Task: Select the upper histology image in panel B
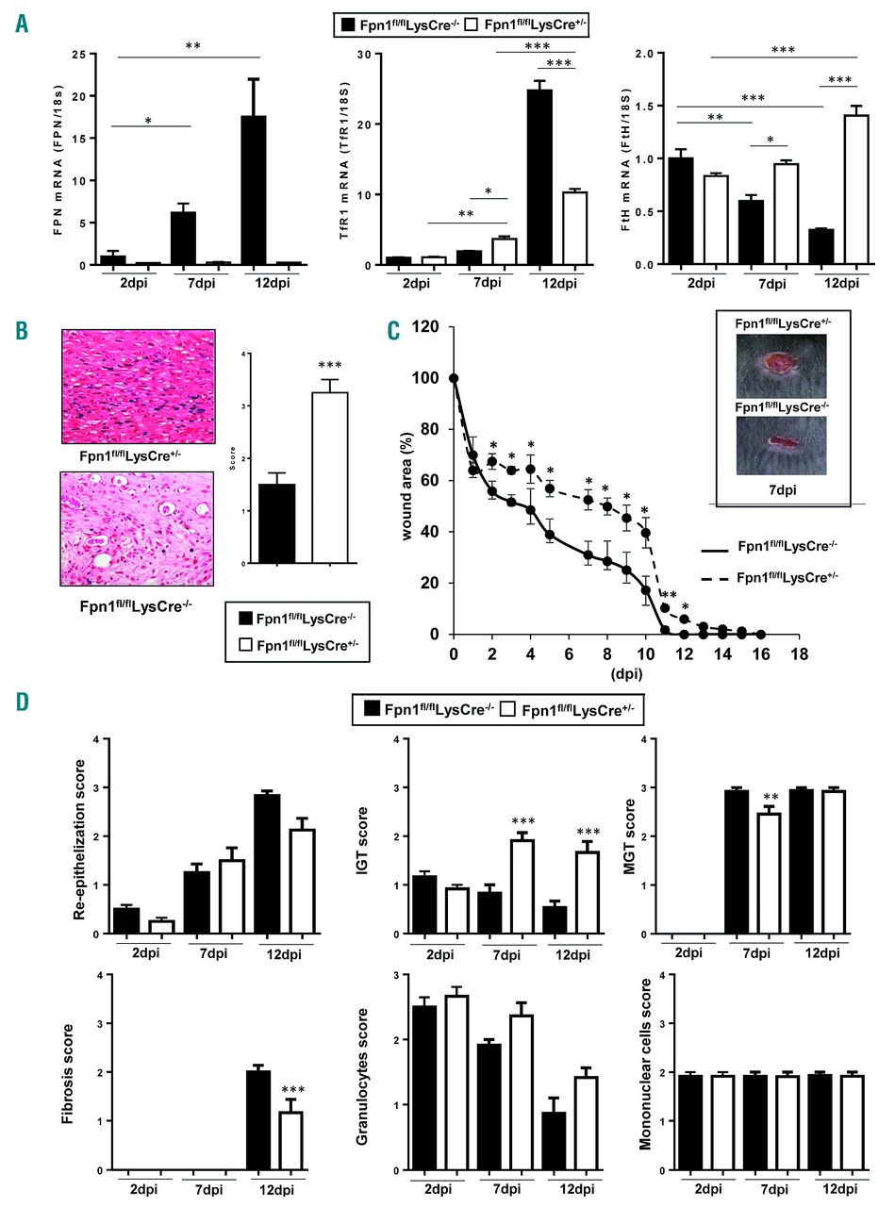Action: (139, 381)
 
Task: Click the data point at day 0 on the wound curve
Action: (454, 378)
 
